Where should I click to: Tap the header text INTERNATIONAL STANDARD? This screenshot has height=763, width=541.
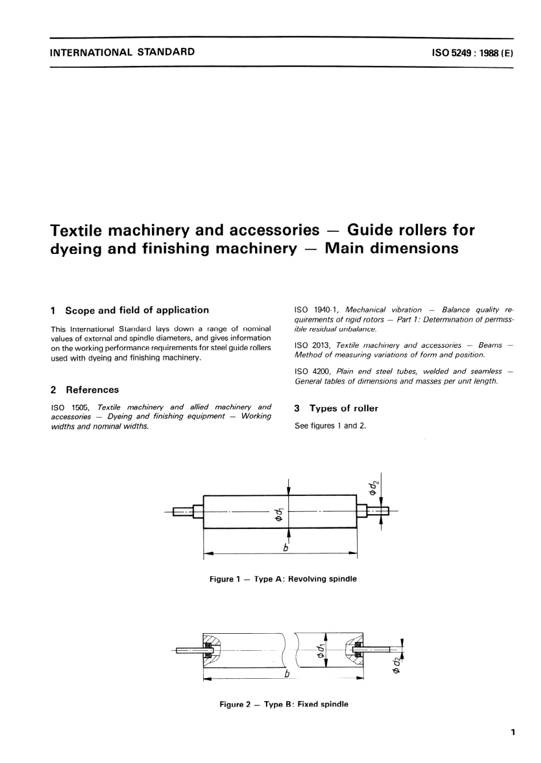point(122,52)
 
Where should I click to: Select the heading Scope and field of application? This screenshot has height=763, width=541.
point(137,310)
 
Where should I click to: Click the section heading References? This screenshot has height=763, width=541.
point(92,390)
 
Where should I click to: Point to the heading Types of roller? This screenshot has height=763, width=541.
point(343,408)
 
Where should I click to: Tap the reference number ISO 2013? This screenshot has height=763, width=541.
point(312,345)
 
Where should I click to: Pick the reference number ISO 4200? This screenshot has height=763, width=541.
point(312,371)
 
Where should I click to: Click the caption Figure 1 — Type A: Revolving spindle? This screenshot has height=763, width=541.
point(283,579)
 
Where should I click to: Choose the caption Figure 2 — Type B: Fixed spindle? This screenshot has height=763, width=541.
point(284,704)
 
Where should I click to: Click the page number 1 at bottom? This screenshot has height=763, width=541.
point(513,732)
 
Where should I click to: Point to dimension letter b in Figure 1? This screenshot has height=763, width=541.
point(286,548)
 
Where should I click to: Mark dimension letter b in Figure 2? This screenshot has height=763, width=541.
point(287,674)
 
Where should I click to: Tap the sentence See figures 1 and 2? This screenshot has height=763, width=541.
point(330,426)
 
